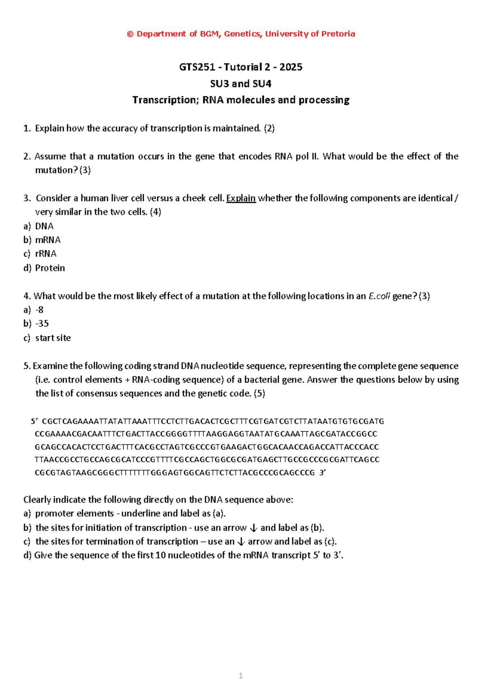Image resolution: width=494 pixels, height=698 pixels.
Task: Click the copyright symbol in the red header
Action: click(x=130, y=34)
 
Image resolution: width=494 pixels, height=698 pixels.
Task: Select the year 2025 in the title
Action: click(x=291, y=67)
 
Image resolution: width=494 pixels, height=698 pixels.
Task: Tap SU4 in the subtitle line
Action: click(x=262, y=84)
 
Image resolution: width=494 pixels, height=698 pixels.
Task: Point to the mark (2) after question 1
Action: click(x=269, y=128)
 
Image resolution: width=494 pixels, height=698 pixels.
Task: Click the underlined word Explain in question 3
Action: click(x=241, y=198)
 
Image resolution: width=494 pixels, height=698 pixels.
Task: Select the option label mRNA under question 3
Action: click(x=48, y=240)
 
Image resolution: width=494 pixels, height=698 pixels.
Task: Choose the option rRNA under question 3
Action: click(x=46, y=254)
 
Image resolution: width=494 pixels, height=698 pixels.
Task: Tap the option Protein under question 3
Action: click(x=50, y=268)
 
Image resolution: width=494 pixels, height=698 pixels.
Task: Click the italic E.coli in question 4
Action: click(x=379, y=296)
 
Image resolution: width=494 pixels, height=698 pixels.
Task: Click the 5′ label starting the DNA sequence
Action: click(x=35, y=421)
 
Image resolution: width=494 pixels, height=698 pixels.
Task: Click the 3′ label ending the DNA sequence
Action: click(x=322, y=472)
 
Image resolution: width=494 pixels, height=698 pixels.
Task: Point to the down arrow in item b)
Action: click(x=254, y=528)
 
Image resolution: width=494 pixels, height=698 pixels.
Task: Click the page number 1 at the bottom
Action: click(x=241, y=675)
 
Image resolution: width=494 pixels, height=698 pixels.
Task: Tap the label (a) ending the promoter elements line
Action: click(x=219, y=514)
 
